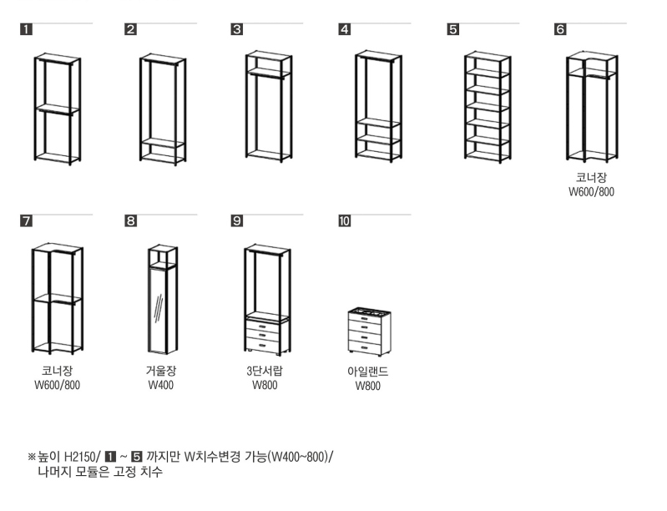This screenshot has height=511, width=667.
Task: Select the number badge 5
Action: point(453,30)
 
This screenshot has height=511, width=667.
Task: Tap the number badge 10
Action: point(345,221)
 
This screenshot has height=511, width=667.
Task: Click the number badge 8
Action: point(131,221)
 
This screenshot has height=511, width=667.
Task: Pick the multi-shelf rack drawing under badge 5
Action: point(488,106)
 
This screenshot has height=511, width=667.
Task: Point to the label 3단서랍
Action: point(265,371)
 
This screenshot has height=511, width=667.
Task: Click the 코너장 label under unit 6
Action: point(592,178)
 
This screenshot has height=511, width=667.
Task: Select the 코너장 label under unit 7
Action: point(57,371)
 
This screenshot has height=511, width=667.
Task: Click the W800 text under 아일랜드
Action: point(367,387)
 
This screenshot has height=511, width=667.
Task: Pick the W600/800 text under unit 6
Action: point(592,192)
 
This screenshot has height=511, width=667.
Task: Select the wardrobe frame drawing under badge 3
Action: point(268,106)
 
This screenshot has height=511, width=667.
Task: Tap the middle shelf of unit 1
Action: point(57,109)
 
